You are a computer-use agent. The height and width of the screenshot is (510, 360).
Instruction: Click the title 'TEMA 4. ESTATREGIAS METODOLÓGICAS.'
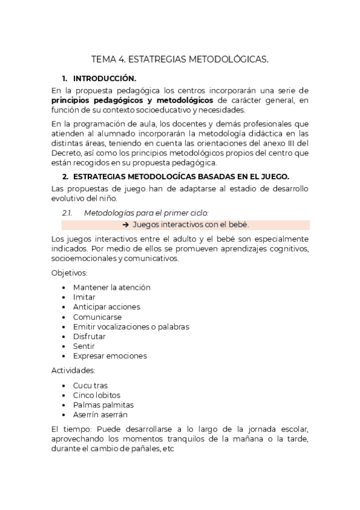[180, 60]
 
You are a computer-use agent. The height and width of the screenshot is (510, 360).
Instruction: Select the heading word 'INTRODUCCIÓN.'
[105, 79]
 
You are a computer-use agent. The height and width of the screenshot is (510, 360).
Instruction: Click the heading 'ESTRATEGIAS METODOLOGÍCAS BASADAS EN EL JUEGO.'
[181, 176]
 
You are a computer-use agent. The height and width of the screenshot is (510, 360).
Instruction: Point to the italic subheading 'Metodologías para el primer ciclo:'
[146, 213]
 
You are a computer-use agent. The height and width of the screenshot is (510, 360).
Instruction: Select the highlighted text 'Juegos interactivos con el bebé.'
[191, 225]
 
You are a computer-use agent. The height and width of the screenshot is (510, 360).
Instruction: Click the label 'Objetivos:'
[70, 273]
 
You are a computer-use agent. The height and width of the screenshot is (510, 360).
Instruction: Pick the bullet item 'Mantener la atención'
[112, 287]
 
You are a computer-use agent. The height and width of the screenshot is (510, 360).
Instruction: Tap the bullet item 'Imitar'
[84, 297]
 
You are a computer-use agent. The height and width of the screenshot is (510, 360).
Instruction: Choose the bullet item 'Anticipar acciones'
[106, 307]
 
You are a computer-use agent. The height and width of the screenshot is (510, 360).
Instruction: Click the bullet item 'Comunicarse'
[97, 317]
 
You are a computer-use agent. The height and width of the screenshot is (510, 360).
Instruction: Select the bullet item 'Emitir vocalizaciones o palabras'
[131, 327]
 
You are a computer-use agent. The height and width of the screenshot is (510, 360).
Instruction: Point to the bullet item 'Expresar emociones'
[109, 355]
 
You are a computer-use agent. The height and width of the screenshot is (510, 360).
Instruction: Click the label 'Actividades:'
[73, 370]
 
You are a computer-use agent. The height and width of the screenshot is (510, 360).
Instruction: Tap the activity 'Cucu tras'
[91, 386]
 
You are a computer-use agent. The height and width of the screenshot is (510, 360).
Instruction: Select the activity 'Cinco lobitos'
[97, 395]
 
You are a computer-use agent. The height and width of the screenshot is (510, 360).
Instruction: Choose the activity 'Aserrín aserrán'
[100, 414]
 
